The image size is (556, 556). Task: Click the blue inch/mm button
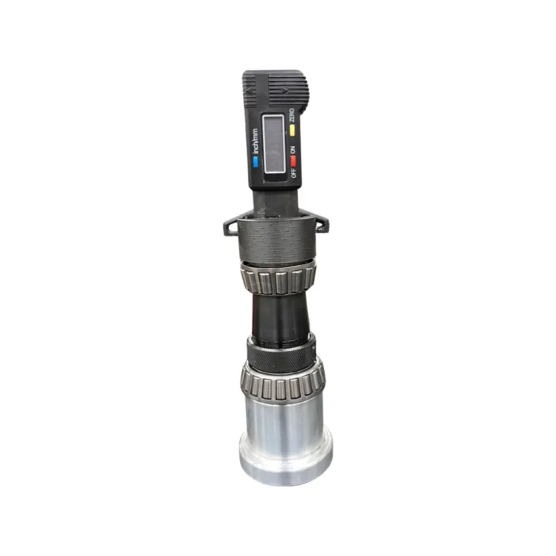click(256, 161)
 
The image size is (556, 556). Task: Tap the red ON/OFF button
click(293, 160)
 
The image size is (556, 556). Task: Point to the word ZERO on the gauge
click(292, 113)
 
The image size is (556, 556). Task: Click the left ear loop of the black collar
click(230, 226)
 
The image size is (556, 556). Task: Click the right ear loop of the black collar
click(322, 225)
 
